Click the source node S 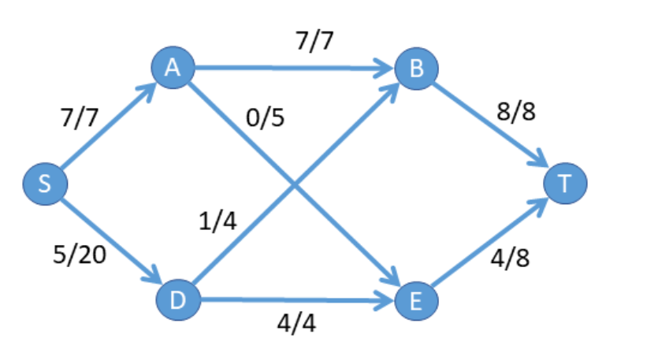[x=45, y=184]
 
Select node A [x=173, y=69]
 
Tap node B [x=416, y=69]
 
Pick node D [x=178, y=299]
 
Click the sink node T [x=564, y=184]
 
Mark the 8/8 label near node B [x=516, y=112]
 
